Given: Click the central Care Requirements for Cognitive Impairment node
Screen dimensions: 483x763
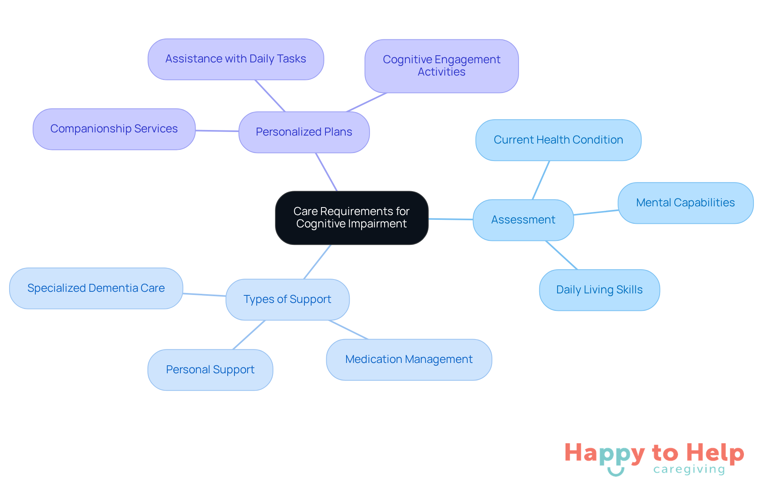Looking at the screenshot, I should point(352,217).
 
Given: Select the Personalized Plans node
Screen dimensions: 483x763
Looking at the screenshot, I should point(304,132).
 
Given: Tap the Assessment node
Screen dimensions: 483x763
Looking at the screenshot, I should point(523,220).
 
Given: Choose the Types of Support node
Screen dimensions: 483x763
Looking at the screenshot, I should point(287,299).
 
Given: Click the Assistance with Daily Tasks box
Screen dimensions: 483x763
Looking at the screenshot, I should point(236,59).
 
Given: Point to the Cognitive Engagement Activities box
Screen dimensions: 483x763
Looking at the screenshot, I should point(442,66).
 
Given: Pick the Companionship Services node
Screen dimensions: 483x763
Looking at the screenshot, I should point(114,129).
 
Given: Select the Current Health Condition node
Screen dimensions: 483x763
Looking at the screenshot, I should point(558,140).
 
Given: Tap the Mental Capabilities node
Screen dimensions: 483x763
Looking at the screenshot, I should point(686,203).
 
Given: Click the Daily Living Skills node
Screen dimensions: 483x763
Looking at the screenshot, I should point(599,290).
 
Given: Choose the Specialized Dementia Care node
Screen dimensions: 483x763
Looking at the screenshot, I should point(96,288).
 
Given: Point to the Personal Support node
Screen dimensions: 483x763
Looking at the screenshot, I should point(210,370).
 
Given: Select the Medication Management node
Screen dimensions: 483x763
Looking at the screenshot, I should point(409,359).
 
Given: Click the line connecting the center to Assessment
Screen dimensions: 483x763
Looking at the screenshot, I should point(451,219).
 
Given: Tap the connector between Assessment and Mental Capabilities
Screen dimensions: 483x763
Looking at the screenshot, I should point(596,213).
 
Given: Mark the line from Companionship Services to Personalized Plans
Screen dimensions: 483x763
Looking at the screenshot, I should point(217,131).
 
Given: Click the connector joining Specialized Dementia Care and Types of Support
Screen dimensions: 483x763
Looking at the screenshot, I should point(204,295).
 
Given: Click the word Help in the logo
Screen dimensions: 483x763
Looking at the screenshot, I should point(715,453).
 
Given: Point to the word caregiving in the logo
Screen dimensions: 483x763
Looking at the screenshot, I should point(689,469).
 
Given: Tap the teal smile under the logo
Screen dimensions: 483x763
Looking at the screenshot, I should point(616,473).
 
